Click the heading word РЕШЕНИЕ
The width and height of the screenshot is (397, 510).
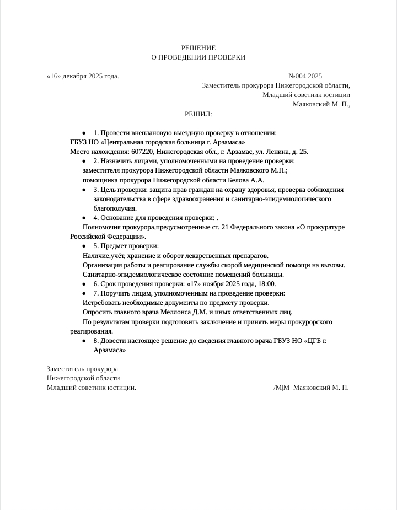[198, 48]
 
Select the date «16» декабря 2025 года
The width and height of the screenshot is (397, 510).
[83, 76]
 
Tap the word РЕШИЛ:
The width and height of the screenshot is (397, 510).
[198, 114]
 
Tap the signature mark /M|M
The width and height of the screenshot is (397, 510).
[281, 388]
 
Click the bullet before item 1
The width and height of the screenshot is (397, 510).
[84, 133]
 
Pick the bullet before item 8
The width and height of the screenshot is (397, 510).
[84, 341]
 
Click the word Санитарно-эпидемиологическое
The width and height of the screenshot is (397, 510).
[131, 275]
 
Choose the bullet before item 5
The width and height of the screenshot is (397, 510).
[84, 246]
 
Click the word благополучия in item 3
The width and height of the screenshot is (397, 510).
[115, 208]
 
